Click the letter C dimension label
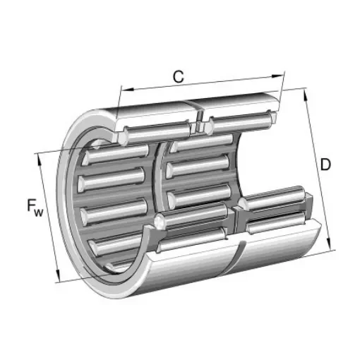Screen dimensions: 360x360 [179, 77]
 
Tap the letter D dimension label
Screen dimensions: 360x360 [325, 165]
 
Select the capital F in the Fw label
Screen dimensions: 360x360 [32, 205]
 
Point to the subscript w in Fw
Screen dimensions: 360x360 [40, 210]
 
